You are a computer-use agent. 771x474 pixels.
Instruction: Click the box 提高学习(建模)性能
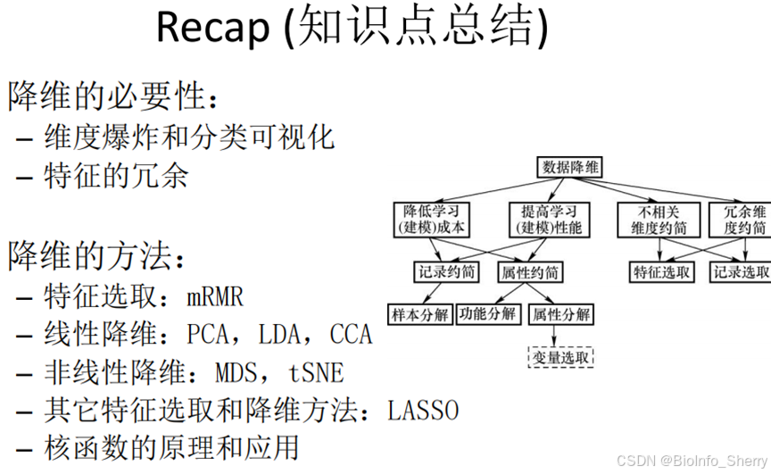pos(550,220)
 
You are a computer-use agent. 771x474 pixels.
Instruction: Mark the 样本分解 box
pos(419,315)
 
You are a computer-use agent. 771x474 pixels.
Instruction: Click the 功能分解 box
pos(488,314)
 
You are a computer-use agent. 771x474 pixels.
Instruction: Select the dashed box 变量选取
pos(560,358)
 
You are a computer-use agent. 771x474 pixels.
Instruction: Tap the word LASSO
pos(423,411)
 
